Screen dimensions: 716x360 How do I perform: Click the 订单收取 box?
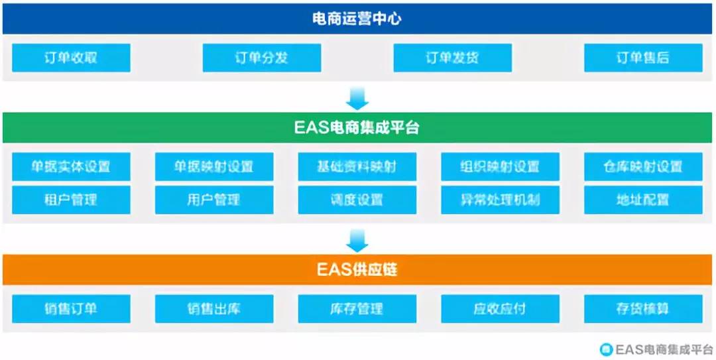click(71, 58)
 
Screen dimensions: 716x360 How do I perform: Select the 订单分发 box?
click(262, 58)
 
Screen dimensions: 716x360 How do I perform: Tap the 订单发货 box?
click(453, 58)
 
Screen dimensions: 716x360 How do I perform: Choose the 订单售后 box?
click(643, 58)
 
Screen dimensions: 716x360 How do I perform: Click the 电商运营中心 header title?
click(357, 19)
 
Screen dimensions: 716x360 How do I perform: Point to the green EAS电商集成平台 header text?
click(357, 128)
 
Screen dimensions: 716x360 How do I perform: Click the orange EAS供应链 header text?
click(357, 270)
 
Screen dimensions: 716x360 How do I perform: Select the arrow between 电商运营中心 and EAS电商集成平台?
click(357, 99)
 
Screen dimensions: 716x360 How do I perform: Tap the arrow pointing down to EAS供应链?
click(357, 240)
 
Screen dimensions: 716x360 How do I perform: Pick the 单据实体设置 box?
click(71, 167)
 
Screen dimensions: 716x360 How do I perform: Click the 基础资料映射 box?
click(357, 167)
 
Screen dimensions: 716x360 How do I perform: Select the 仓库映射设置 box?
click(643, 167)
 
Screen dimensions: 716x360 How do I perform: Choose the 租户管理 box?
click(71, 200)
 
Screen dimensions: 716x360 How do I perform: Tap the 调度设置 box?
click(357, 200)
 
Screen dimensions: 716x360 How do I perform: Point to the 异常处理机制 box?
click(500, 200)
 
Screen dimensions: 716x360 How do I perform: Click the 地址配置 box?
click(643, 200)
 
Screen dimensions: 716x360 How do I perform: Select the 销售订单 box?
click(71, 309)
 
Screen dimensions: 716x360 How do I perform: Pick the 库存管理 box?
click(357, 309)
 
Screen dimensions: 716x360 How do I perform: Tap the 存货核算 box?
click(643, 309)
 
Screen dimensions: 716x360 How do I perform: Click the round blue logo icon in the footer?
click(606, 349)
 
